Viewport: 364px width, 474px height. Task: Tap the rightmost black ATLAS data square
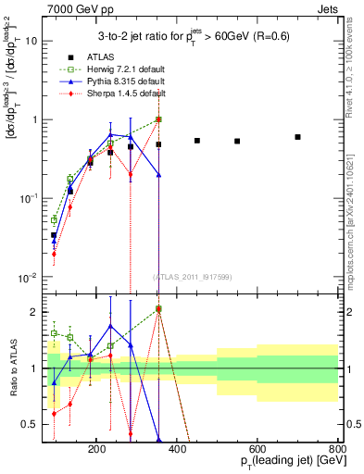[x=297, y=137]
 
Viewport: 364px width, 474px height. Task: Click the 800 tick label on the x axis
[x=337, y=448]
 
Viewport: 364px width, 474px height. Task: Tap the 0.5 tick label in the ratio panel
[x=56, y=425]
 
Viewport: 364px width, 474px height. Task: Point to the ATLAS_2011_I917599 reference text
[x=193, y=278]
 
